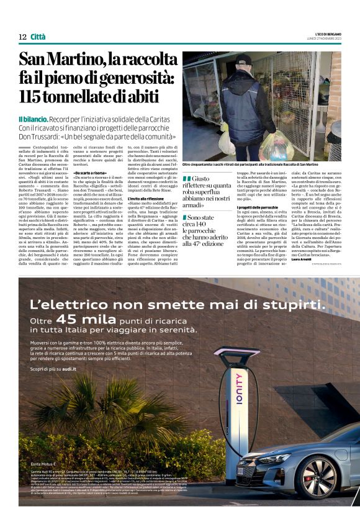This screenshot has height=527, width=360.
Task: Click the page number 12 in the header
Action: click(22, 37)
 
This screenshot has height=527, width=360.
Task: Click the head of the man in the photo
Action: click(244, 63)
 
